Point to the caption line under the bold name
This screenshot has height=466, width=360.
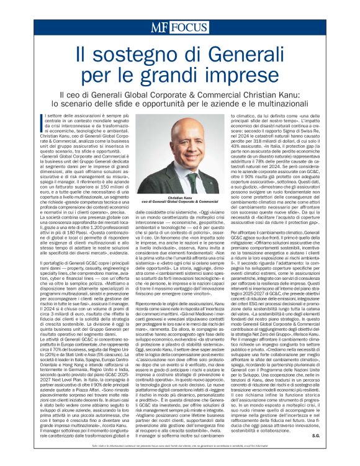coord(180,201)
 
